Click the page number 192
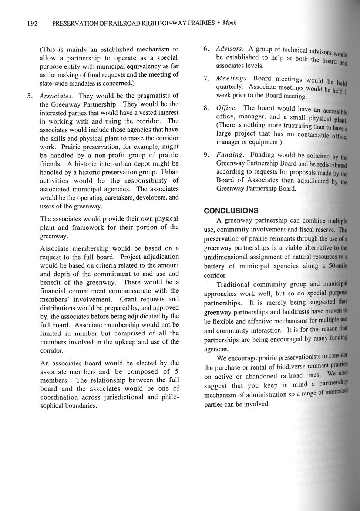(x=32, y=23)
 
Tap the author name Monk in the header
(x=229, y=23)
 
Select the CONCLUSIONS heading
(x=231, y=211)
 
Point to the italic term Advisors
(x=230, y=49)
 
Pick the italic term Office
(x=226, y=108)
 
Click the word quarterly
(x=230, y=87)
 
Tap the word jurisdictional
(x=121, y=397)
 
